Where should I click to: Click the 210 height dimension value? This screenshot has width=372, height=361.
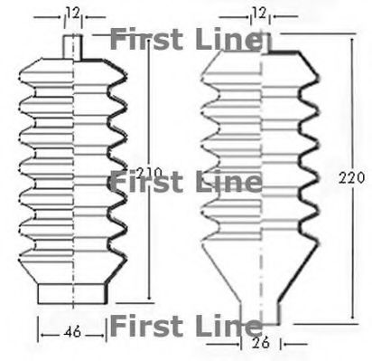click(x=151, y=171)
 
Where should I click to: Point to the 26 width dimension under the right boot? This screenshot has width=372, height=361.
click(x=262, y=343)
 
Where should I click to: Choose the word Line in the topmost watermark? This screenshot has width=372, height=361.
click(x=226, y=40)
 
